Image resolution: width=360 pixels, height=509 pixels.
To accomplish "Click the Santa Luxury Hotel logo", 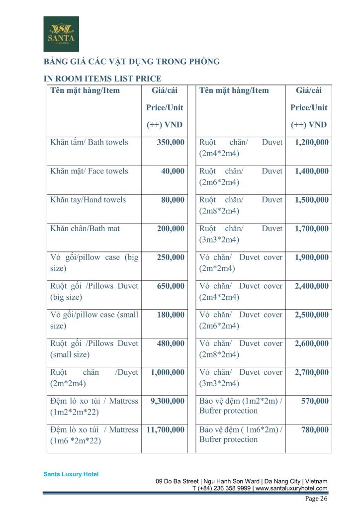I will pos(61,34).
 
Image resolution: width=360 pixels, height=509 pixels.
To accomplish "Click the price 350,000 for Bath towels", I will pos(171,142).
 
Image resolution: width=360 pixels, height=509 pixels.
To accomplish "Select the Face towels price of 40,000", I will pos(173,171).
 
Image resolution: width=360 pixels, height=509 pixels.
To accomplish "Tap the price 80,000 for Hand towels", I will pos(173,200).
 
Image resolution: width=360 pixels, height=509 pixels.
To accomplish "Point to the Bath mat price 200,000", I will pos(171,229).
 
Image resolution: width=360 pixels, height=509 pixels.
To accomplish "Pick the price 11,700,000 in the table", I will pos(165,429).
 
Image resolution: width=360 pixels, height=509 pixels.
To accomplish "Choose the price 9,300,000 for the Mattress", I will pos(167,401).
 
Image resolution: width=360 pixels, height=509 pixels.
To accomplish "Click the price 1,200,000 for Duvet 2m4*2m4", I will pos(312,142).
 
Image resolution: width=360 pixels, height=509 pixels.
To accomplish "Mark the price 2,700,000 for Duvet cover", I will pos(312,372).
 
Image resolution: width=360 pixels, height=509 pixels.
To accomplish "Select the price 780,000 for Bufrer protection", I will pos(315,429).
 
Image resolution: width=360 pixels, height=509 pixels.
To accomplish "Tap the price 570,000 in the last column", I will pos(315,401).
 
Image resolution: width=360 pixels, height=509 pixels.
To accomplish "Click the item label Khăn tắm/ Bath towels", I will pos(89,142).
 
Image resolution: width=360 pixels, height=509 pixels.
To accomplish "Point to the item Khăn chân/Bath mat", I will pos(85,229).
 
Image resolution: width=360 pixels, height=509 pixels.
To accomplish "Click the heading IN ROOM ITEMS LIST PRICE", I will pos(102,79).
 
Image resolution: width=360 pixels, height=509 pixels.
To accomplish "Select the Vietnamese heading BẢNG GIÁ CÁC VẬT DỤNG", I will pos(132,62).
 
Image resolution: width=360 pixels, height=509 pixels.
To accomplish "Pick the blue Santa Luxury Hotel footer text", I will pos(71,474).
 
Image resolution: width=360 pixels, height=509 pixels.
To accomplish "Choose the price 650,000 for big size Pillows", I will pos(171,286).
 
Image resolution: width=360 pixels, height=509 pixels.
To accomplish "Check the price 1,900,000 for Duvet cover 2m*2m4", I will pos(312,257).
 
